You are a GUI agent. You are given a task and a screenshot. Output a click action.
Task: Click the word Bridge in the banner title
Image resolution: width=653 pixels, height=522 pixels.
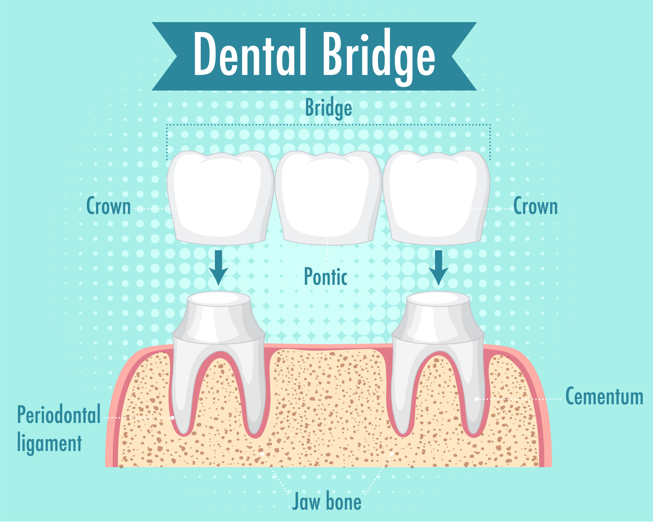(x=379, y=57)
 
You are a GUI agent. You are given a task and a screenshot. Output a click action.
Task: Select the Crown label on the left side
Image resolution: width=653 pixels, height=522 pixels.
(x=108, y=206)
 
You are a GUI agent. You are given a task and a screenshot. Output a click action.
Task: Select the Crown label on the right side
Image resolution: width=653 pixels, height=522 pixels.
(x=535, y=206)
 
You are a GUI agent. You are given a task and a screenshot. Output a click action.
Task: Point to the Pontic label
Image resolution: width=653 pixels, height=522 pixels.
(x=325, y=277)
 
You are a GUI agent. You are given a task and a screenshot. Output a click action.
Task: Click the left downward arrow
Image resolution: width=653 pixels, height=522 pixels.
(x=218, y=268)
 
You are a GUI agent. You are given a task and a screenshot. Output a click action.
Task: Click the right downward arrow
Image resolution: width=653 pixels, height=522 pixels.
(x=438, y=268)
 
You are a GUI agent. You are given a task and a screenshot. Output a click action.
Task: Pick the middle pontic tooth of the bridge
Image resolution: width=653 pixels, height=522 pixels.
(x=328, y=198)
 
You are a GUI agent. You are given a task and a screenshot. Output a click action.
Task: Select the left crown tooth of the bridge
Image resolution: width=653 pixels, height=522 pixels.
(x=220, y=198)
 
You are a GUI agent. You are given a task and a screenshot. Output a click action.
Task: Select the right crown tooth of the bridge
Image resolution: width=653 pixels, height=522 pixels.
(x=436, y=198)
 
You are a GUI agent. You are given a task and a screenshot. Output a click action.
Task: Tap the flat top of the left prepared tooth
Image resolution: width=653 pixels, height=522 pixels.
(x=219, y=299)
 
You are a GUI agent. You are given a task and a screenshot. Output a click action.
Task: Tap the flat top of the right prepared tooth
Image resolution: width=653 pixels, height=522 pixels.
(x=438, y=299)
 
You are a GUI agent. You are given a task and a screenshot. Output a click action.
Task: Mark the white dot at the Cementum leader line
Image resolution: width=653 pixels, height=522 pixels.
(x=476, y=399)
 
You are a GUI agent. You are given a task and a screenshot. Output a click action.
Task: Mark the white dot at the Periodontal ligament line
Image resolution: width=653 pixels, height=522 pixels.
(x=172, y=417)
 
